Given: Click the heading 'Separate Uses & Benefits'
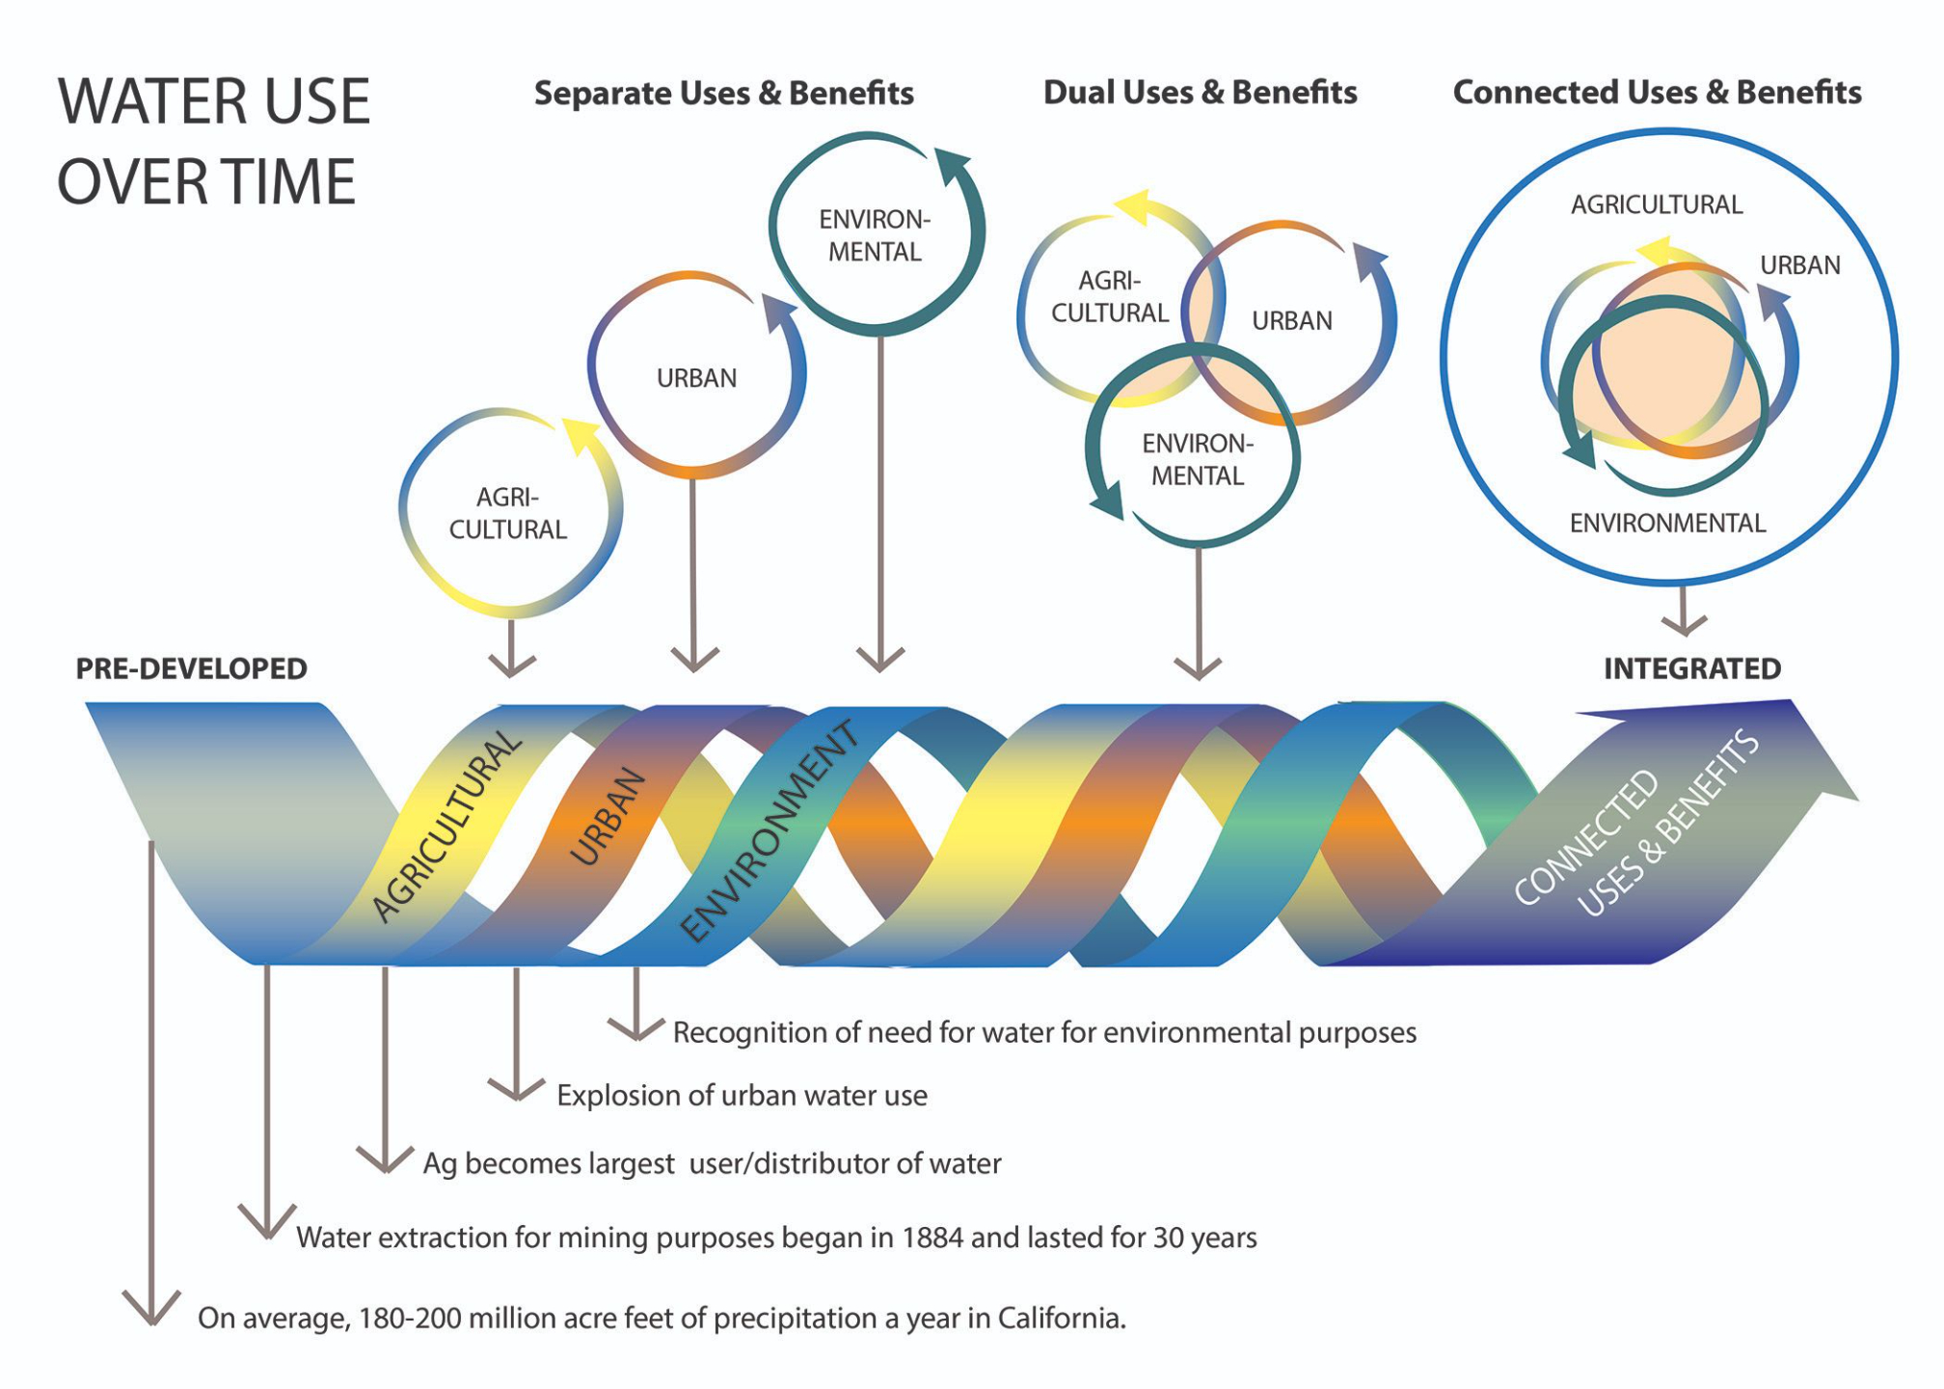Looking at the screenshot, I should pos(723,94).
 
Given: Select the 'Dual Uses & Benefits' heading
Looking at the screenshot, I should pos(1200,93).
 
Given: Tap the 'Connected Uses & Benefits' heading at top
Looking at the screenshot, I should pos(1657,93).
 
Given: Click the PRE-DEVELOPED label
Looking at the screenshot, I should pos(191,668).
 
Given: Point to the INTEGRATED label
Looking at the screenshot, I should pos(1691,668).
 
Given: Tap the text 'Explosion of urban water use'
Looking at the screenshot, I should pos(742,1096).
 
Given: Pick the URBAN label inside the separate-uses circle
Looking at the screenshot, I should pos(696,378).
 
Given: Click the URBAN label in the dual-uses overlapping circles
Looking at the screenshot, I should pos(1291,321).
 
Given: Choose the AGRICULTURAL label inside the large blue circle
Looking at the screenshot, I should pos(1656,205).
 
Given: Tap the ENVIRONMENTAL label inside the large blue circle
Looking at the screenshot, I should pos(1667,524).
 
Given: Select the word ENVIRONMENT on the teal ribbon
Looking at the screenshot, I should pos(768,831).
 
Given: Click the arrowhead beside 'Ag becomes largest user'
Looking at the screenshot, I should pos(385,1161).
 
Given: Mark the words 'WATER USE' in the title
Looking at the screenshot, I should pos(214,102).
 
